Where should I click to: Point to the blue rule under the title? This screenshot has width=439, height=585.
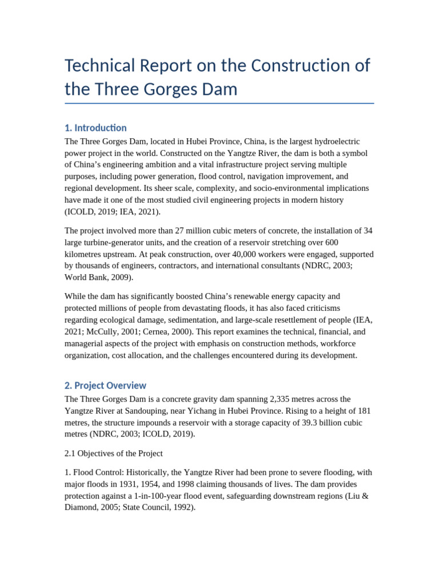click(x=219, y=103)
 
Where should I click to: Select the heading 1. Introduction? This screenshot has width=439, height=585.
click(x=95, y=127)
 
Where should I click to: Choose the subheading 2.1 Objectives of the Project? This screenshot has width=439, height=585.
click(x=114, y=454)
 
